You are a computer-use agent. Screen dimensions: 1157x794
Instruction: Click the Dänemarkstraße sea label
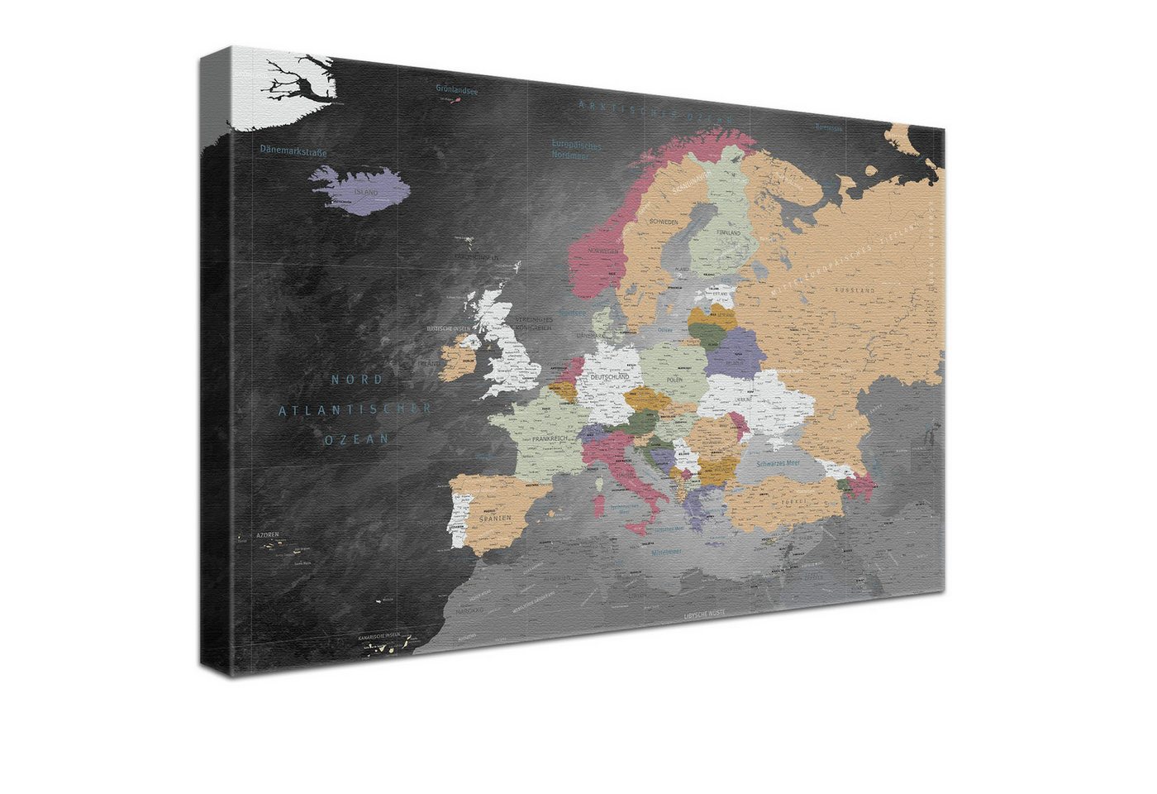click(293, 151)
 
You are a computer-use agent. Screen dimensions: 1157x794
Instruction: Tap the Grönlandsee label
click(457, 90)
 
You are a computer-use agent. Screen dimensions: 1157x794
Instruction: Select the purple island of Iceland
click(359, 190)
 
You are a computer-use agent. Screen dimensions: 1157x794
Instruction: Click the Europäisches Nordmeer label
click(576, 149)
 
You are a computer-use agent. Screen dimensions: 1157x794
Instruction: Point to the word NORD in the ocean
click(357, 380)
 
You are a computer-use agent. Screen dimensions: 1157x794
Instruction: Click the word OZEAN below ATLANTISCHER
click(355, 440)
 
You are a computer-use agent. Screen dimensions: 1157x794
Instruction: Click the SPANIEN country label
click(493, 519)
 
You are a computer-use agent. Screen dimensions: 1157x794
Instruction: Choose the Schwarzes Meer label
click(777, 464)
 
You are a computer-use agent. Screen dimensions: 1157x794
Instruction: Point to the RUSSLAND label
click(855, 291)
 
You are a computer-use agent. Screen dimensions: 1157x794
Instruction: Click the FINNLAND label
click(728, 234)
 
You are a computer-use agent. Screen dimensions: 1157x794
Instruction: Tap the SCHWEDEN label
click(664, 222)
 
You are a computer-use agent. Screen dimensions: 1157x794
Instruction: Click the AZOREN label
click(267, 535)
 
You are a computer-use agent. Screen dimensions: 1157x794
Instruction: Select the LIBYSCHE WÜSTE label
click(705, 615)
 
